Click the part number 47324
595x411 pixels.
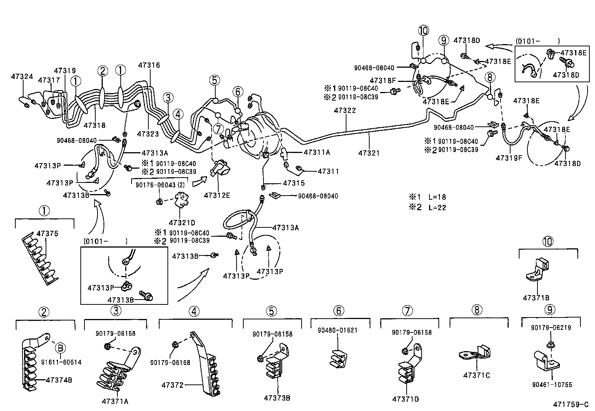pyautogui.click(x=22, y=77)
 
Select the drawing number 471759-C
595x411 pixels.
pyautogui.click(x=571, y=404)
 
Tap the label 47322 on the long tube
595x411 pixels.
pyautogui.click(x=345, y=111)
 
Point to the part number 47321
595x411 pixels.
pyautogui.click(x=369, y=153)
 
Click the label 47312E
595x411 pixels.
pyautogui.click(x=217, y=195)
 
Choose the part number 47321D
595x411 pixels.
pyautogui.click(x=182, y=223)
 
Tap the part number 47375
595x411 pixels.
pyautogui.click(x=47, y=234)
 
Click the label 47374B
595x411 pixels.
pyautogui.click(x=59, y=380)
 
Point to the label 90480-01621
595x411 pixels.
pyautogui.click(x=337, y=330)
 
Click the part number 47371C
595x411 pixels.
pyautogui.click(x=476, y=375)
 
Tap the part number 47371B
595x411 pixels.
pyautogui.click(x=536, y=298)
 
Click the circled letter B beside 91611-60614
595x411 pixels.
pyautogui.click(x=60, y=348)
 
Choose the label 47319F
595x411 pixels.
pyautogui.click(x=509, y=158)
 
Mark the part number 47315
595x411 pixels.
pyautogui.click(x=294, y=183)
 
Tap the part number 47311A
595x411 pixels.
pyautogui.click(x=317, y=152)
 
